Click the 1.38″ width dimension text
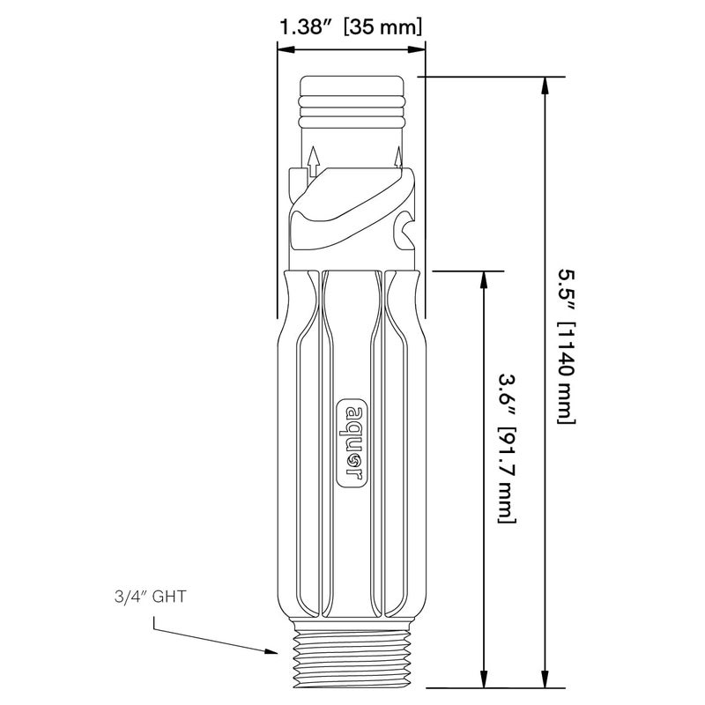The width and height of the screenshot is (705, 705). pos(306,27)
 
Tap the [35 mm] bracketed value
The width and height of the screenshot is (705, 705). pos(382,27)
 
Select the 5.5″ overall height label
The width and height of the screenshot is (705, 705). pos(567,291)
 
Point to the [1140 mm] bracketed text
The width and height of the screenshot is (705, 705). pos(567,373)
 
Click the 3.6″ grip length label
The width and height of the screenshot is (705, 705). pos(507,395)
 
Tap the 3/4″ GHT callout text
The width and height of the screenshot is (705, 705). pos(150,597)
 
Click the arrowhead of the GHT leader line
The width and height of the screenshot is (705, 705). pos(271,651)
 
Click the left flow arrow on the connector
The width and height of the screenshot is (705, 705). pos(314,161)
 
